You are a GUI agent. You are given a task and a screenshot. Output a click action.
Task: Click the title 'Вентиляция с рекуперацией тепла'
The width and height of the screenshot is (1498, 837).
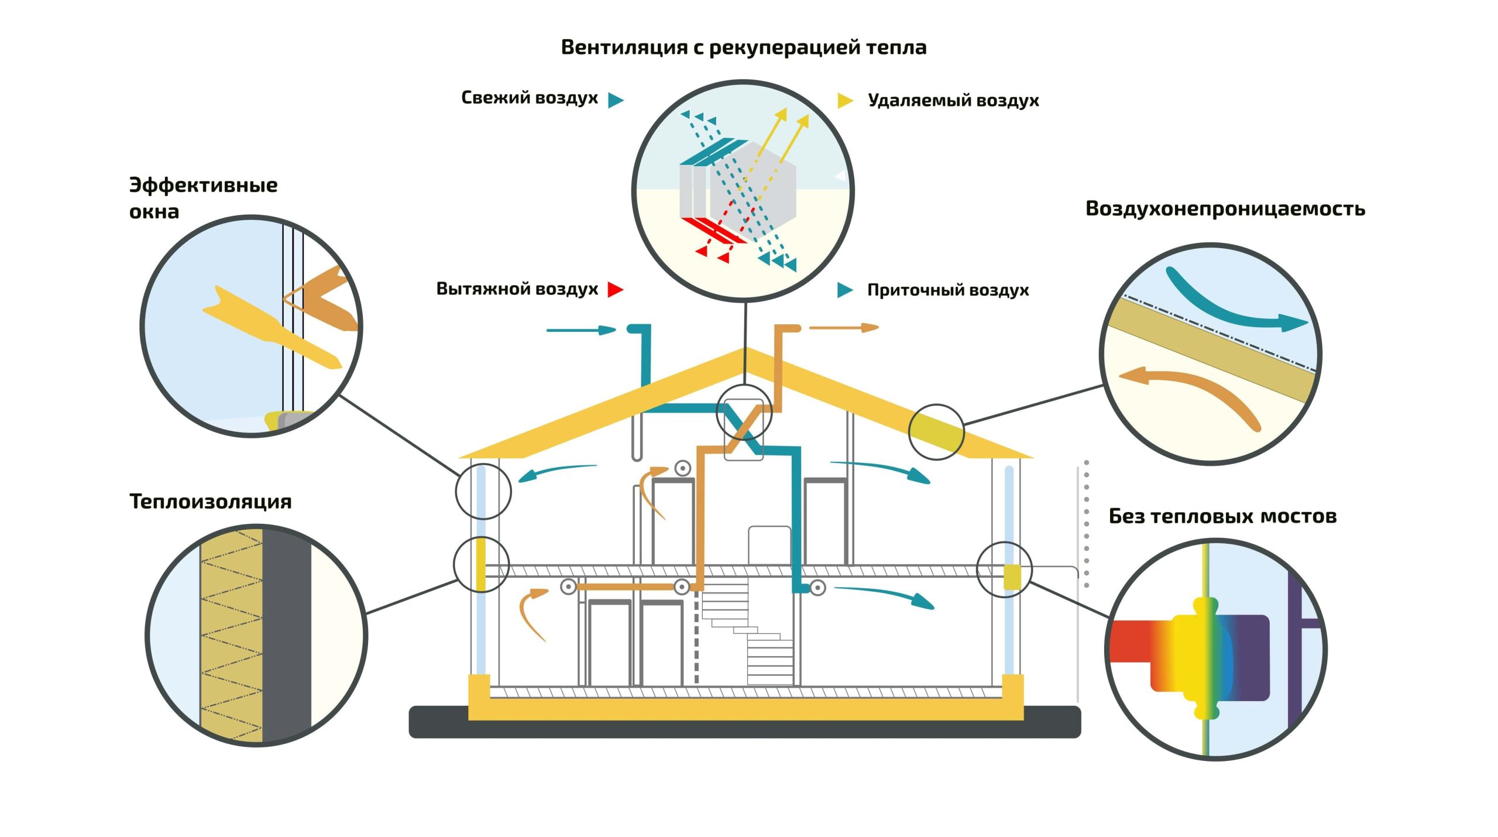pos(744,47)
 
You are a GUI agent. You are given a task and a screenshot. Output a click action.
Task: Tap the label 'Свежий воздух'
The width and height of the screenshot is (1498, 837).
pos(530,98)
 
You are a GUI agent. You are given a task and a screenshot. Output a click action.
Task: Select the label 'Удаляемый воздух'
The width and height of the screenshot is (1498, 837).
pos(953,100)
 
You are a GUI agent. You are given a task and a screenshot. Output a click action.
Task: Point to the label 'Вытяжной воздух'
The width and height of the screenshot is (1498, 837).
pos(517,289)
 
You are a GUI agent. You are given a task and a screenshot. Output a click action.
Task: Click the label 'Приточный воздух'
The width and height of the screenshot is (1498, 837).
pos(948,290)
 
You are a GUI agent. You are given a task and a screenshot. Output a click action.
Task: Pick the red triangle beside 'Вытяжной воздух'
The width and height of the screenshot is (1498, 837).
pos(616,289)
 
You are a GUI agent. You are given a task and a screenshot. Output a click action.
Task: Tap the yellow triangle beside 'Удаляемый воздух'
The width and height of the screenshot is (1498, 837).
pos(846,101)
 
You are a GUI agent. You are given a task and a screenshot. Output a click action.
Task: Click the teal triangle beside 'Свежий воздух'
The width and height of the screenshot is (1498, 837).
pos(616,100)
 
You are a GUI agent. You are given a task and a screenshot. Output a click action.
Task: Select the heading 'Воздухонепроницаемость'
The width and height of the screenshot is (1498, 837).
pos(1225,209)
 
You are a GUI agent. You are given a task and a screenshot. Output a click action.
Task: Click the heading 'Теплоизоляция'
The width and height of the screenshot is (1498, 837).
pos(211,502)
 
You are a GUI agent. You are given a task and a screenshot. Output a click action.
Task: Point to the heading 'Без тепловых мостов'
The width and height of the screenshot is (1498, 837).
pos(1223,516)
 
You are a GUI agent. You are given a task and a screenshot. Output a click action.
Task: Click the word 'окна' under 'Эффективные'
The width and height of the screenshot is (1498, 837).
pos(154,212)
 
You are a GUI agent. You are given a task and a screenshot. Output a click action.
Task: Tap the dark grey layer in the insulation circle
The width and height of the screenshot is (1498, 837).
pos(287,635)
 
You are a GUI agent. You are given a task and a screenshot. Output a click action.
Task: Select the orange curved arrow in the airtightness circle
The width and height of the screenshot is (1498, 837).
pos(1200,389)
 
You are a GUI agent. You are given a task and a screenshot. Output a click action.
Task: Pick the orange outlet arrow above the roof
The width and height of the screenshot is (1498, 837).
pos(844,328)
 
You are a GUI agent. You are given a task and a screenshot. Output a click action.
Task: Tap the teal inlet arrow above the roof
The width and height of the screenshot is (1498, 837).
pos(581,330)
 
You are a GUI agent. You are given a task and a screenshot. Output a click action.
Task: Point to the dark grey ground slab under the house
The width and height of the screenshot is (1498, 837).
pos(744,722)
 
